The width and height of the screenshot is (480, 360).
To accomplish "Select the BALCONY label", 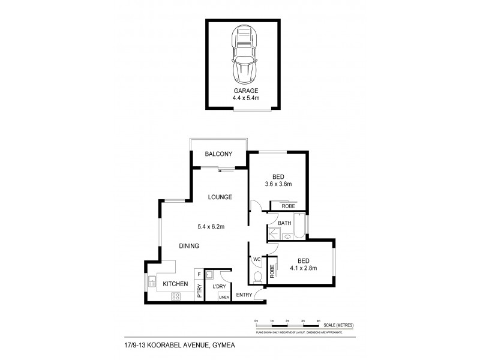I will [218, 154].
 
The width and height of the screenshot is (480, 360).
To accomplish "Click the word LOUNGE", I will [220, 197].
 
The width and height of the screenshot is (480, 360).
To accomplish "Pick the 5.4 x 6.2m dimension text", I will [211, 227].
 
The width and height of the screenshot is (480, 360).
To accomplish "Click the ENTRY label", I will [244, 295].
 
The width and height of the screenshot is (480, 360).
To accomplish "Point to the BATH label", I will [284, 224].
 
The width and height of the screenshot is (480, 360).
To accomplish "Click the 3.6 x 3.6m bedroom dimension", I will [278, 184].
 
